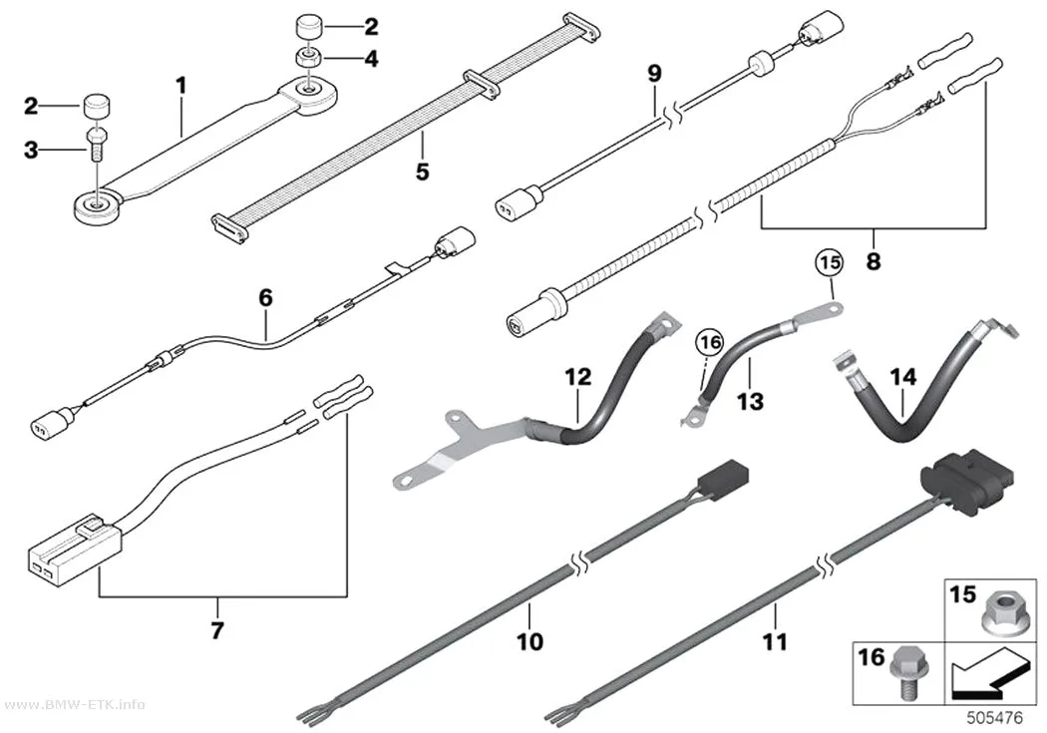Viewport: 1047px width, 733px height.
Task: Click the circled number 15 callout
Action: (x=831, y=263)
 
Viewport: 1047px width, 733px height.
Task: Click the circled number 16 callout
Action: (x=709, y=343)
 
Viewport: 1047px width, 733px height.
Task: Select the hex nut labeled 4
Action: (x=308, y=58)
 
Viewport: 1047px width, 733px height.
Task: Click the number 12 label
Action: (x=579, y=377)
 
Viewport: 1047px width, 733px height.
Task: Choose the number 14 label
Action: (x=903, y=377)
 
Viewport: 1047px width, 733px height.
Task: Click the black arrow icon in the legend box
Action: (x=988, y=673)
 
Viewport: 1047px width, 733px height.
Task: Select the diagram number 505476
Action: (x=995, y=718)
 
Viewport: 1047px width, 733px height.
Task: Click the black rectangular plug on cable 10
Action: (x=723, y=479)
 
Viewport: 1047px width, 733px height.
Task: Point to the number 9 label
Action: (x=654, y=74)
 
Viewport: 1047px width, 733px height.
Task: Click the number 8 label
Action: (x=872, y=261)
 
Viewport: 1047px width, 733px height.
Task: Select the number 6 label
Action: (x=266, y=298)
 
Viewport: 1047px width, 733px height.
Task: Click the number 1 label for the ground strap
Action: (x=180, y=86)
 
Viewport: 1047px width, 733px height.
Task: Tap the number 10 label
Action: (x=529, y=641)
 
